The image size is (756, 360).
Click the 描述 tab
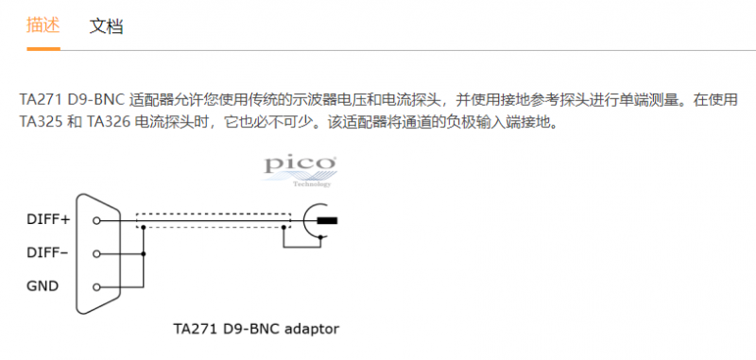point(43,26)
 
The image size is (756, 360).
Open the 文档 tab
point(106,26)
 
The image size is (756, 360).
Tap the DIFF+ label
point(48,220)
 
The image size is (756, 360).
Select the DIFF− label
point(47,252)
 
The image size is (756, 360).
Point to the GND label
point(43,286)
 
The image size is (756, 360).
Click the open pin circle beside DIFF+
point(96,221)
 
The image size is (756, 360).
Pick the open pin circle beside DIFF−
point(96,253)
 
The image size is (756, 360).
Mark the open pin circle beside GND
point(96,287)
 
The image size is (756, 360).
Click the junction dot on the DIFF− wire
point(144,253)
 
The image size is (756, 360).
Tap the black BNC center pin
point(327,221)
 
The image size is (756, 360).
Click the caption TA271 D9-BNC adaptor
point(256,329)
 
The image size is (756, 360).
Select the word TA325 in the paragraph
point(41,123)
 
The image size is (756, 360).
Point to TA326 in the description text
point(109,123)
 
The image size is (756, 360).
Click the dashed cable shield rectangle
point(214,214)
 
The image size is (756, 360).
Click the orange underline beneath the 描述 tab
point(43,49)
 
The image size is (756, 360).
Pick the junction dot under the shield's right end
point(284,227)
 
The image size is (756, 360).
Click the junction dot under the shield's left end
point(144,227)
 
